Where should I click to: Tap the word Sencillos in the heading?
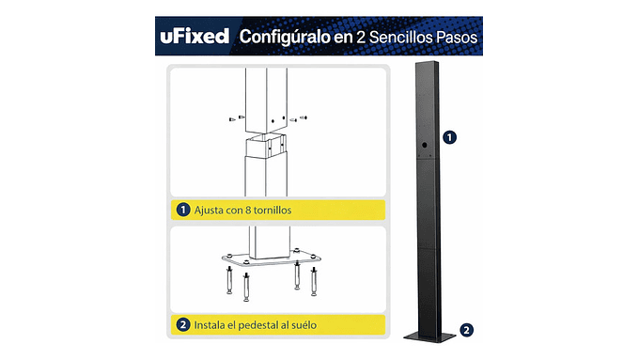[395, 38]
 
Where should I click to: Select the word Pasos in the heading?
[455, 38]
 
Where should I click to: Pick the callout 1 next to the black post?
[450, 137]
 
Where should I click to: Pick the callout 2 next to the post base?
[467, 329]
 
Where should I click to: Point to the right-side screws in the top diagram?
[298, 118]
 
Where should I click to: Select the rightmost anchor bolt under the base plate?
[311, 280]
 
